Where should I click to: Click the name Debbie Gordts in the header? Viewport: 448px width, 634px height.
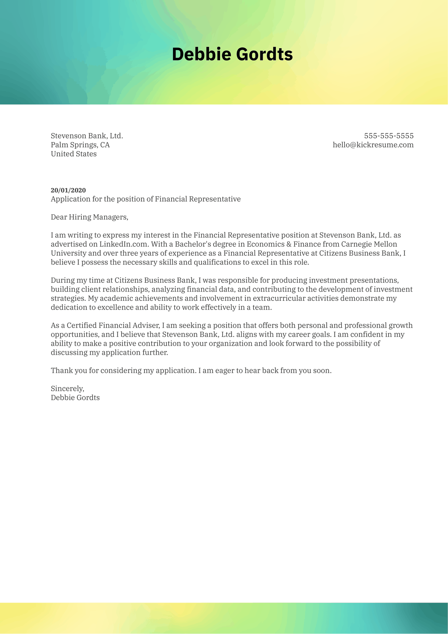pyautogui.click(x=232, y=54)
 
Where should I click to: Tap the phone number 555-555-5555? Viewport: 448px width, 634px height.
pyautogui.click(x=389, y=136)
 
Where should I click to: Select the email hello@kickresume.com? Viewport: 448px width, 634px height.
pyautogui.click(x=373, y=145)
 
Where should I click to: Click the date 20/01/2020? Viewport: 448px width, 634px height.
pyautogui.click(x=68, y=190)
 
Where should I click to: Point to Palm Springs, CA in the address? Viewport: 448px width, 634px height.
pyautogui.click(x=80, y=145)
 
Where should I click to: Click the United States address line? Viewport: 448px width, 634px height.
pyautogui.click(x=74, y=154)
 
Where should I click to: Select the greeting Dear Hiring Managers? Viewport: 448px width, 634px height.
pyautogui.click(x=89, y=217)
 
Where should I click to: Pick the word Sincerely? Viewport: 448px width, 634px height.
pyautogui.click(x=67, y=388)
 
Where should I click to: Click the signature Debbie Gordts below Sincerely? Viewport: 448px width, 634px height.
pyautogui.click(x=75, y=398)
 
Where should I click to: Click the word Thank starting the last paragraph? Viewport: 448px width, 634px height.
pyautogui.click(x=60, y=370)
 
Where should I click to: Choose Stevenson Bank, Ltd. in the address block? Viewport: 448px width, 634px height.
pyautogui.click(x=87, y=136)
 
